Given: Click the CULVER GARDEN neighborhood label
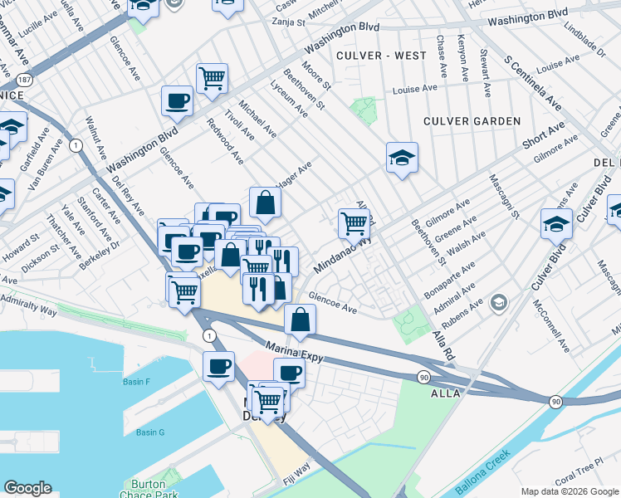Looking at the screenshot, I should click(x=472, y=121).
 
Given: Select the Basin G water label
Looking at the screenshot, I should click(x=150, y=432).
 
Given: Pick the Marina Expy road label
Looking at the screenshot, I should click(x=293, y=350).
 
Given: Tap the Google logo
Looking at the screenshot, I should click(x=27, y=489).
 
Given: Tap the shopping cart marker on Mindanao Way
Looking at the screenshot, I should click(x=354, y=222).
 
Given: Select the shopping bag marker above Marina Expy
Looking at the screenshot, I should click(x=300, y=319).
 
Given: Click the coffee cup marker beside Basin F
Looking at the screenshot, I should click(x=219, y=366).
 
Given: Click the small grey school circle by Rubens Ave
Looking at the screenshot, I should click(x=497, y=300).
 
